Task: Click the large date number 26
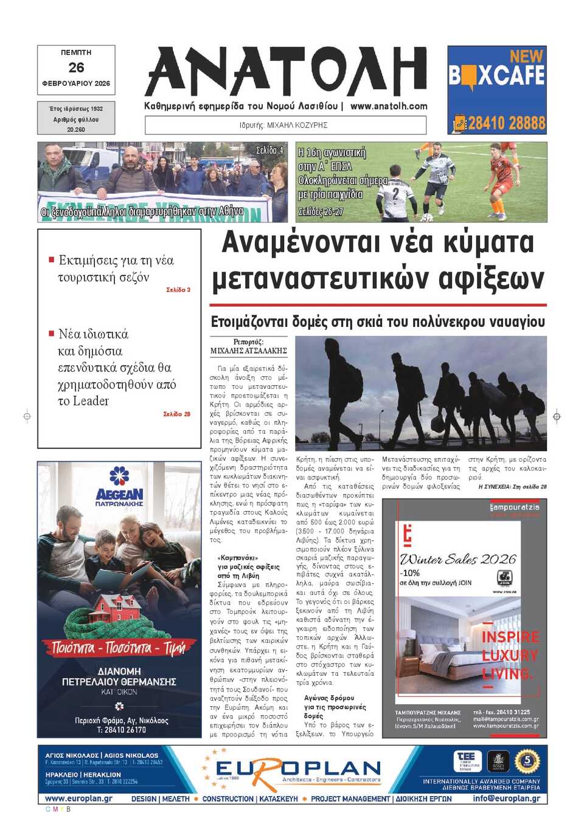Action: pyautogui.click(x=76, y=67)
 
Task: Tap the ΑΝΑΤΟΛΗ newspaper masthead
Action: pyautogui.click(x=286, y=72)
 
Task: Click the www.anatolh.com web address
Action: pyautogui.click(x=389, y=106)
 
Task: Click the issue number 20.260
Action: pyautogui.click(x=76, y=129)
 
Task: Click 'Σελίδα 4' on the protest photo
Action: pyautogui.click(x=269, y=150)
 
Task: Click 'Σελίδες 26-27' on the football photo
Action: pyautogui.click(x=320, y=211)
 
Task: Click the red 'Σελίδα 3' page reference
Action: pyautogui.click(x=178, y=290)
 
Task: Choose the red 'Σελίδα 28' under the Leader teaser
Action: pyautogui.click(x=176, y=414)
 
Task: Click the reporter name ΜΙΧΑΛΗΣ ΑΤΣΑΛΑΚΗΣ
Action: pyautogui.click(x=248, y=351)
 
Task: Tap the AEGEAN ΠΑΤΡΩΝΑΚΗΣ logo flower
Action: pyautogui.click(x=119, y=476)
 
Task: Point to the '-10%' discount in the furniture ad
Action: pyautogui.click(x=409, y=573)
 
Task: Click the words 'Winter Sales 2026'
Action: pyautogui.click(x=457, y=559)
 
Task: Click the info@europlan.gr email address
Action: pyautogui.click(x=506, y=799)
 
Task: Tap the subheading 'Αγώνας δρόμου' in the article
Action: pyautogui.click(x=329, y=698)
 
